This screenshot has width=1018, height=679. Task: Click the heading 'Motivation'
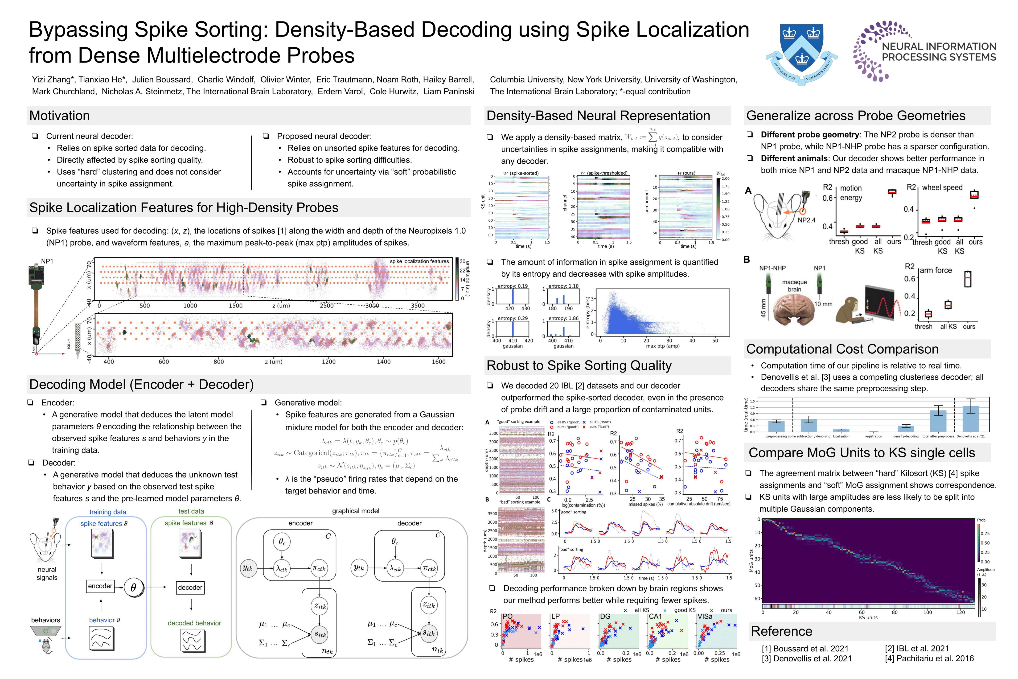[x=60, y=116]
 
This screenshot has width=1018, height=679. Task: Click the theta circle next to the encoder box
[x=133, y=587]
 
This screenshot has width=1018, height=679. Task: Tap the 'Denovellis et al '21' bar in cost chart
[x=970, y=418]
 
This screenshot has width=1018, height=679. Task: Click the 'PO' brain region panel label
[x=507, y=616]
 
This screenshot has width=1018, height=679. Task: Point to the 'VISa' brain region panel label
[x=705, y=616]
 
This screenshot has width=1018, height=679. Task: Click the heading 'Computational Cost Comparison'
[x=842, y=349]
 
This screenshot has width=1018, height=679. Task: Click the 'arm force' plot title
[x=936, y=270]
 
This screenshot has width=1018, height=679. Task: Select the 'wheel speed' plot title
[x=942, y=187]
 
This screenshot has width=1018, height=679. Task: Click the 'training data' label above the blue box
[x=108, y=512]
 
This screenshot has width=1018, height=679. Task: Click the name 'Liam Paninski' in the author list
[x=449, y=91]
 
